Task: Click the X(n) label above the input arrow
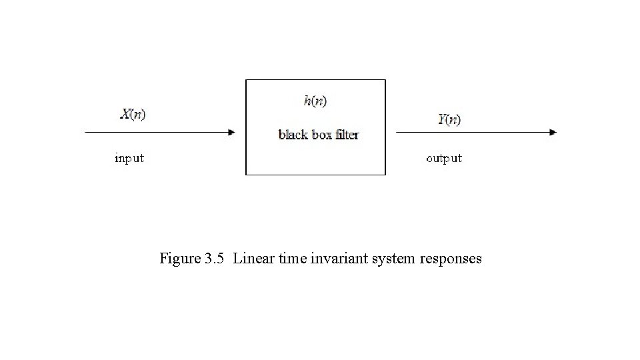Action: pyautogui.click(x=133, y=115)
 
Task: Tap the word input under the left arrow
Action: pyautogui.click(x=129, y=159)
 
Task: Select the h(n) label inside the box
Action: pyautogui.click(x=315, y=101)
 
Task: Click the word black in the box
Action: pyautogui.click(x=293, y=135)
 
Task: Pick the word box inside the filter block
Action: pyautogui.click(x=323, y=135)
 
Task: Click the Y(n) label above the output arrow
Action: pyautogui.click(x=449, y=120)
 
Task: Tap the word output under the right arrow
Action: pyautogui.click(x=444, y=159)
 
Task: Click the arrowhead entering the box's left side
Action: pyautogui.click(x=231, y=132)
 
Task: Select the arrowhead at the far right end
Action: pyautogui.click(x=553, y=132)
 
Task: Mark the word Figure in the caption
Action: pyautogui.click(x=178, y=258)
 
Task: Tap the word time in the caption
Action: pyautogui.click(x=293, y=258)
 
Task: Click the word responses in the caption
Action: pyautogui.click(x=451, y=259)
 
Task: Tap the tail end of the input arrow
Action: pyautogui.click(x=87, y=132)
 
